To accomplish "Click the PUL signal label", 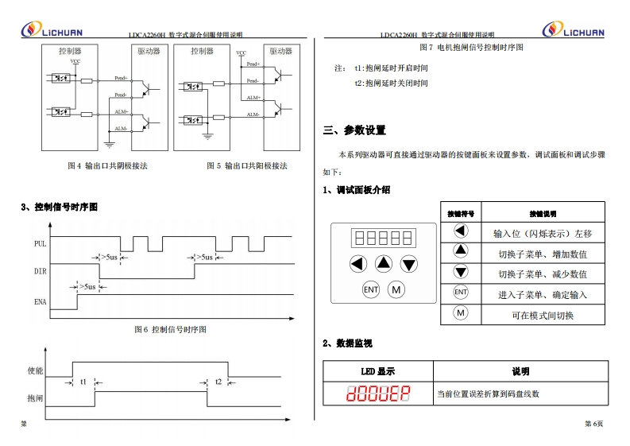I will (x=40, y=244).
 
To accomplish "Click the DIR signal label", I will (x=40, y=272).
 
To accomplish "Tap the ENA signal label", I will (x=40, y=302).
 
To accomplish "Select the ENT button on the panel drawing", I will (x=371, y=290).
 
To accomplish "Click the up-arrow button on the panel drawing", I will (x=384, y=264).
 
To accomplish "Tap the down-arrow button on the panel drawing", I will (x=409, y=264).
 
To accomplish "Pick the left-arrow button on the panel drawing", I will (x=358, y=264).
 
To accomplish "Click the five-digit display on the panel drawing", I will (x=384, y=238).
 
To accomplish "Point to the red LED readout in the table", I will (x=377, y=393).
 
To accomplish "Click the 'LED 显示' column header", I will (x=377, y=371).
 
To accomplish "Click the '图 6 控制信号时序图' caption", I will (x=170, y=329).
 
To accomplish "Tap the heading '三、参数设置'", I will (x=354, y=130).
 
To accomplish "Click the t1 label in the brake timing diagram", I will (x=83, y=382).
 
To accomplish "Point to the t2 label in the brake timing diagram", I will (x=218, y=382).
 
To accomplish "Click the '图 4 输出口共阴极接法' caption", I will (x=108, y=166).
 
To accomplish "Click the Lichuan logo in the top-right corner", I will (x=573, y=29).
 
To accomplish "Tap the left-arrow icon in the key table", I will (x=461, y=231).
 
